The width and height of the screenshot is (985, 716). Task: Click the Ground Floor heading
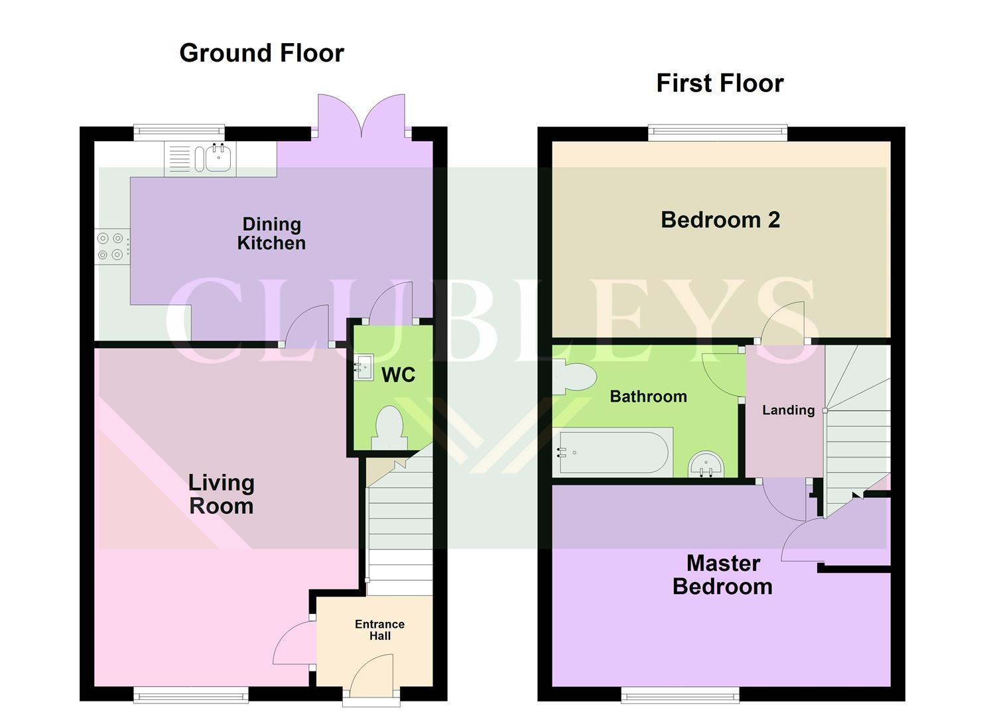pos(261,53)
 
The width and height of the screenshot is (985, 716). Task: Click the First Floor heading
pos(720,84)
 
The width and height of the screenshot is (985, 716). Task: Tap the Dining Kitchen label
pos(271,233)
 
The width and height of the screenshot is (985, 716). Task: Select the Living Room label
pos(221,494)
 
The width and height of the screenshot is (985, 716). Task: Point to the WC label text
pos(398,375)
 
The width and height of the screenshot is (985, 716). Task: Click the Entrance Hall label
pos(379,630)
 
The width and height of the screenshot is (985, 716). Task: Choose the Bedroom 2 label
pos(720,219)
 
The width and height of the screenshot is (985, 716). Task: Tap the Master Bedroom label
pos(722,575)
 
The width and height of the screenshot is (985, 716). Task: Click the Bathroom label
pos(648,396)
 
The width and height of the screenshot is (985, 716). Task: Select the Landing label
pos(788,410)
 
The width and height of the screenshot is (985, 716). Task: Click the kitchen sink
pos(218,159)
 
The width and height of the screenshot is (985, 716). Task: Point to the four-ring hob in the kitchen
pos(111,246)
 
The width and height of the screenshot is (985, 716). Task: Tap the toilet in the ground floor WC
pos(389,428)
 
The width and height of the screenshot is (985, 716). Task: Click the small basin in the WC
pos(364,367)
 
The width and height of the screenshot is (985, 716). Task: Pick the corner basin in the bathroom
pos(707,465)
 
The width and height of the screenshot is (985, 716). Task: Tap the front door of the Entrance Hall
pos(371,676)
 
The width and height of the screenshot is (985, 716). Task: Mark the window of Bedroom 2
pos(718,133)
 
